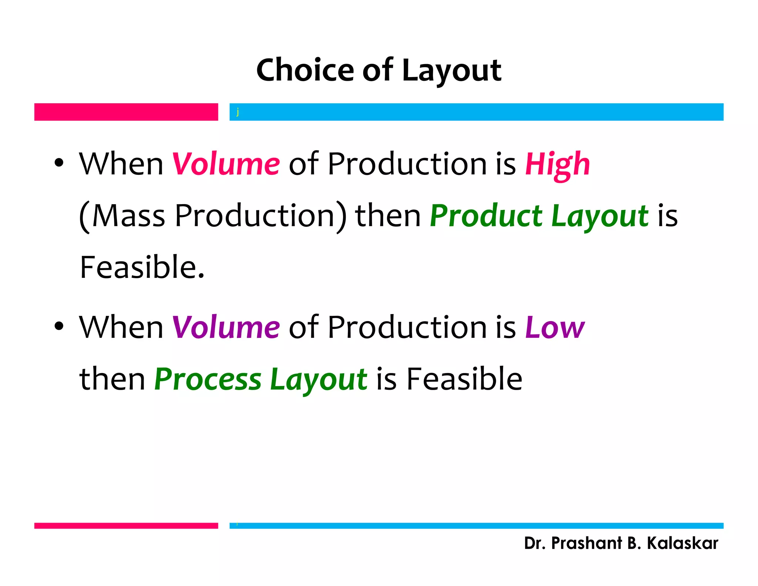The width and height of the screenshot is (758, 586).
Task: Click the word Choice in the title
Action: click(305, 70)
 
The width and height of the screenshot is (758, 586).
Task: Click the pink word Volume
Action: click(226, 164)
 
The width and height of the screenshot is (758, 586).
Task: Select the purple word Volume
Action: click(226, 327)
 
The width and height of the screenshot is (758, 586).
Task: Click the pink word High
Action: click(557, 165)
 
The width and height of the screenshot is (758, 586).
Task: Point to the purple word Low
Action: click(555, 327)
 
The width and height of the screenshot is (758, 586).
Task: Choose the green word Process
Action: click(208, 379)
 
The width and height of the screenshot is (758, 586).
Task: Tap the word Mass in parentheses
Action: click(128, 216)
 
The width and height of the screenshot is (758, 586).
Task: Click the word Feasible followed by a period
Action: click(142, 267)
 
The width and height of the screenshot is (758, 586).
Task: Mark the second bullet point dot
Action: click(59, 326)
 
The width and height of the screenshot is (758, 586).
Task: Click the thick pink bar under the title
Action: click(126, 112)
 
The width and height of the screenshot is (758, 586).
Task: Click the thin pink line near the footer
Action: click(126, 526)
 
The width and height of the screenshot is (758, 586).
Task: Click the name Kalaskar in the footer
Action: click(682, 543)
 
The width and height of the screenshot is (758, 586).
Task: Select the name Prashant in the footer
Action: click(586, 543)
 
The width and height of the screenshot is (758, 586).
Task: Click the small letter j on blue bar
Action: click(238, 112)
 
